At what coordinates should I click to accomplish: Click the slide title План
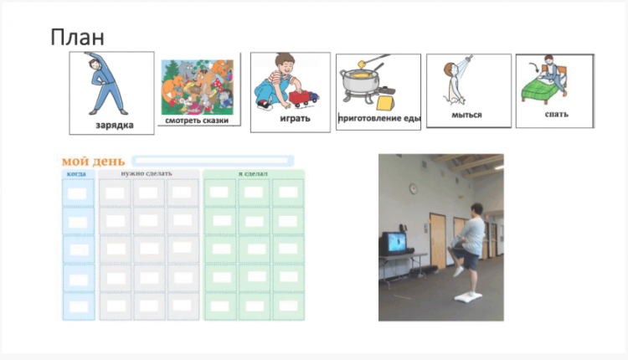coord(77,37)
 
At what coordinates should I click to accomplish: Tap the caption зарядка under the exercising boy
coord(115,126)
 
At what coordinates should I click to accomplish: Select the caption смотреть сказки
coord(197,121)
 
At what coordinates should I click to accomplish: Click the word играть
coord(296,119)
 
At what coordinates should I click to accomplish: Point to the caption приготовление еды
coord(378,118)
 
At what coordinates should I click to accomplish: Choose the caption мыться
coord(466,115)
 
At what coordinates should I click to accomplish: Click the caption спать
coord(556,114)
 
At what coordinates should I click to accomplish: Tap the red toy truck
coord(304,98)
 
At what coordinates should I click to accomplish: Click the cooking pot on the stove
coord(360,81)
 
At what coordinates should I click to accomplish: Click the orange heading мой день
coord(93,161)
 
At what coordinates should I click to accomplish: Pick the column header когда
coord(76,174)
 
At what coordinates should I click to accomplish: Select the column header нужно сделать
coord(147,173)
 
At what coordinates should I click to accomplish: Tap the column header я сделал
coord(253,174)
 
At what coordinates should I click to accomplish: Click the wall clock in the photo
coord(414,188)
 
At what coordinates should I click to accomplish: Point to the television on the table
coord(393,244)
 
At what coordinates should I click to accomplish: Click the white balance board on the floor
coord(468,296)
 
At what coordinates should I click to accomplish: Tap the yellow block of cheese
coord(386,102)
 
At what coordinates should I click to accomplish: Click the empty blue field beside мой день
coord(213,161)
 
